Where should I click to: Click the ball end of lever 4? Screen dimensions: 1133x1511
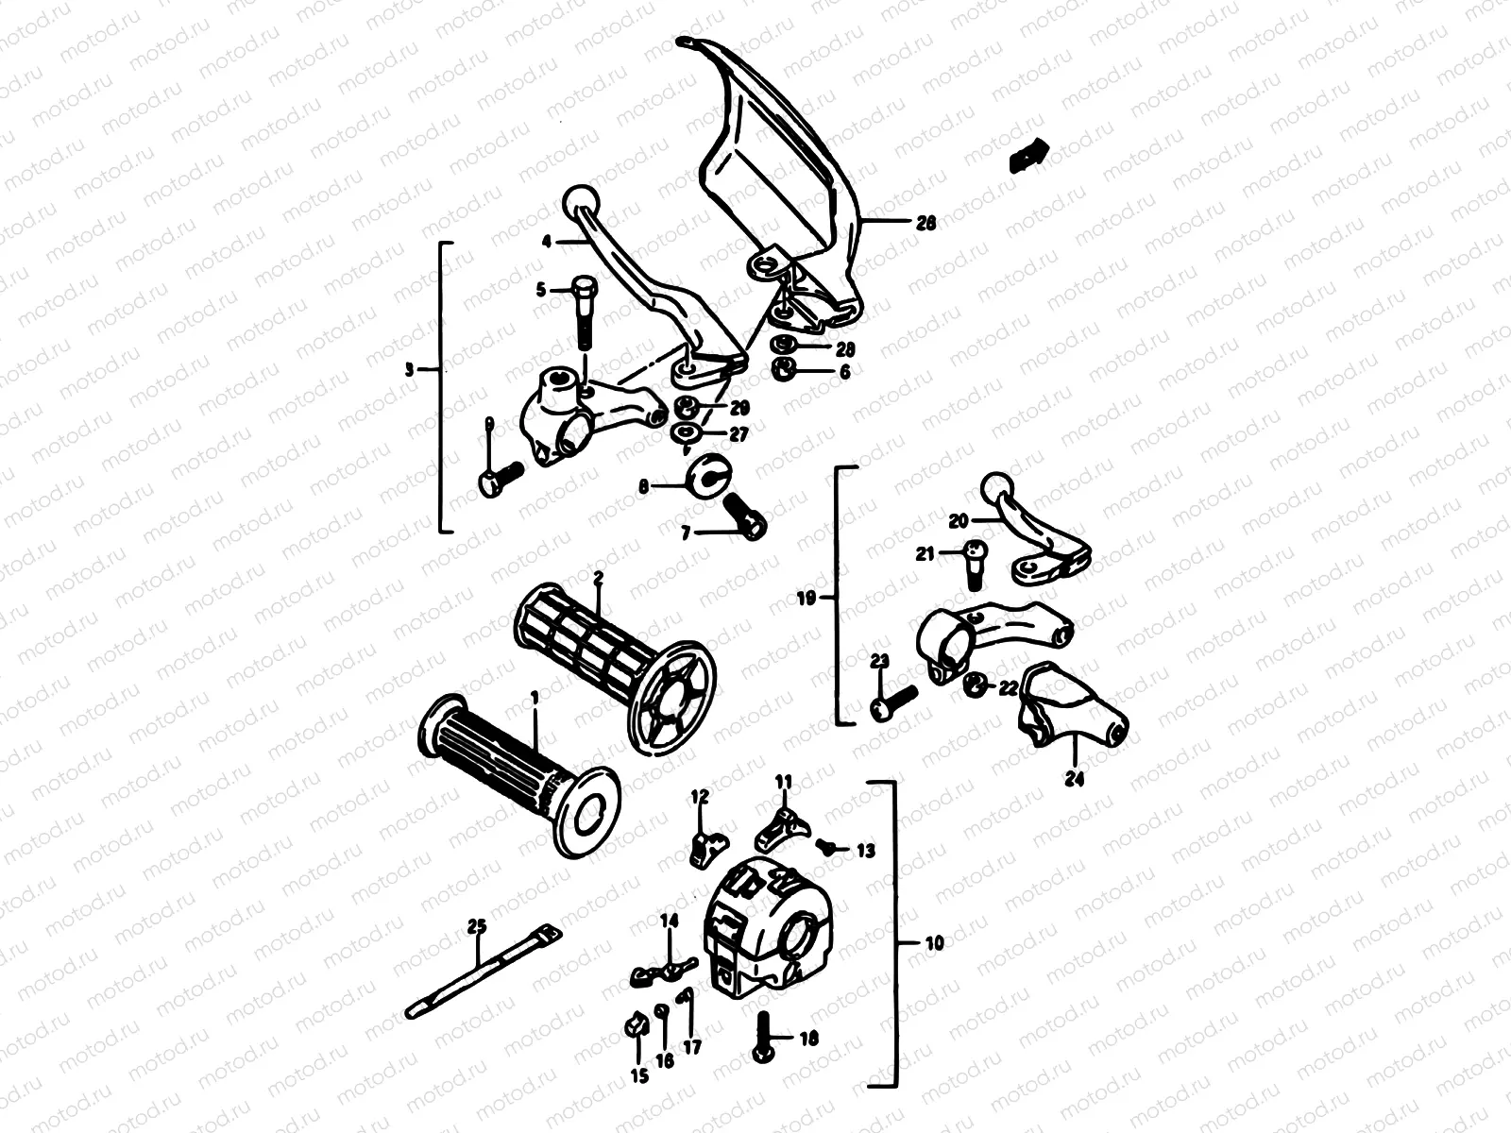point(577,201)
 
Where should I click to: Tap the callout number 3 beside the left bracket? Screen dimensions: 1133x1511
point(409,371)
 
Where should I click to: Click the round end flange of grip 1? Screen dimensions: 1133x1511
point(586,808)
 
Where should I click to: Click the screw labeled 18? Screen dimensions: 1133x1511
point(763,1036)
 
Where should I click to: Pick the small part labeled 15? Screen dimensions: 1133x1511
point(636,1023)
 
